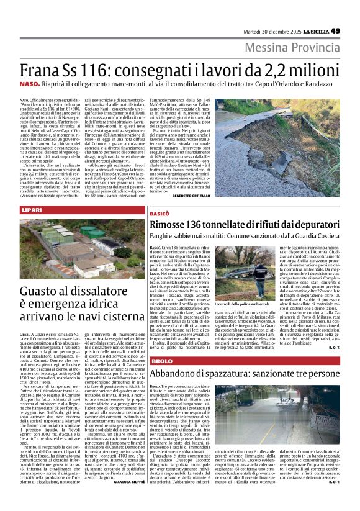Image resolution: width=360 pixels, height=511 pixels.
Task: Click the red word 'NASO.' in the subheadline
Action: [28, 88]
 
